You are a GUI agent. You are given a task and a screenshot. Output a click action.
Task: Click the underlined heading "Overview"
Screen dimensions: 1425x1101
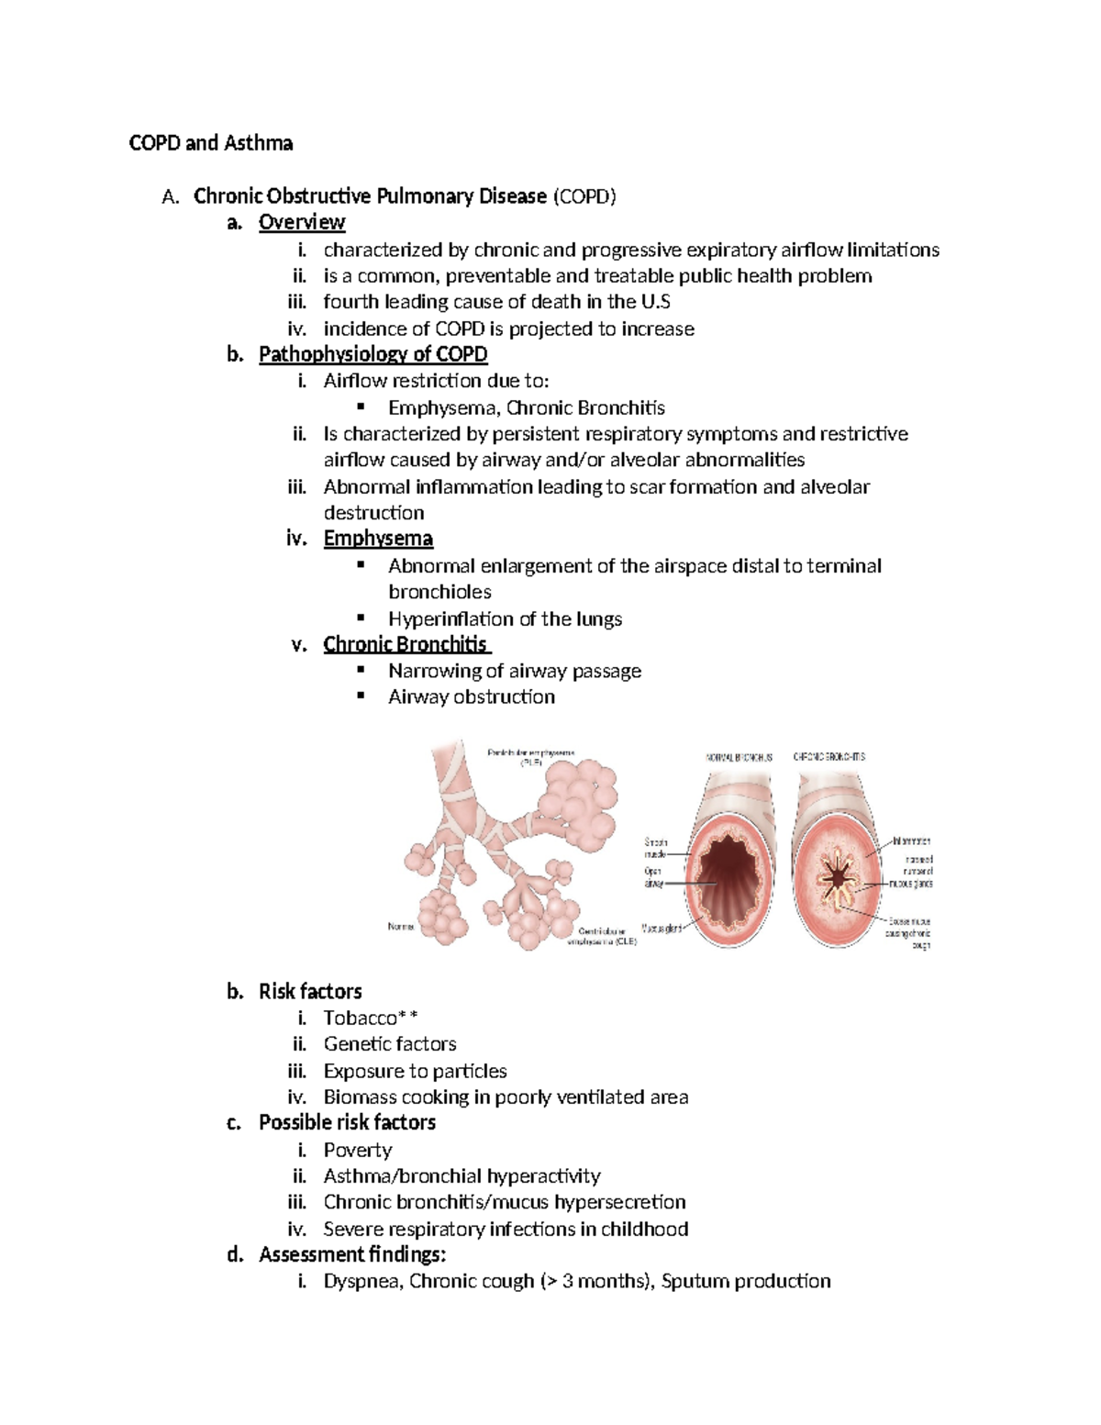(x=301, y=223)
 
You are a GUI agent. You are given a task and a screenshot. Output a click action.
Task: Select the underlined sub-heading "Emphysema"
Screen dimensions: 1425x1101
(x=378, y=539)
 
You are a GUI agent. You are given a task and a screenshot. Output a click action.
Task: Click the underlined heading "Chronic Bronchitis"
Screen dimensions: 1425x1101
(x=406, y=644)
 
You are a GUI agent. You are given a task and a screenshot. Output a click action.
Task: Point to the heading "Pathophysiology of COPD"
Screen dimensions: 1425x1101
(x=373, y=354)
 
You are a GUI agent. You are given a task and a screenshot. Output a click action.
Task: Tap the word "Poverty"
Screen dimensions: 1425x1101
(x=358, y=1150)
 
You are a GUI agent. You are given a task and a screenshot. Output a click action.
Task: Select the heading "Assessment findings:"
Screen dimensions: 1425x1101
(x=352, y=1254)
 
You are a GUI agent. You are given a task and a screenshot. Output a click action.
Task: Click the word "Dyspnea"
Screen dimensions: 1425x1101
(x=361, y=1281)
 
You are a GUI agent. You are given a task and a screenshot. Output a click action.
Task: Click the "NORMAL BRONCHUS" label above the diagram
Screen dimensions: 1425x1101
(x=739, y=758)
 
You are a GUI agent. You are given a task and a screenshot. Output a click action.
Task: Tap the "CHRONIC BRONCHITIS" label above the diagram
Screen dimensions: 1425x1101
(x=829, y=757)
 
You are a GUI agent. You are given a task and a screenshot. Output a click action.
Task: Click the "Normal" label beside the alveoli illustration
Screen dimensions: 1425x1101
(x=401, y=927)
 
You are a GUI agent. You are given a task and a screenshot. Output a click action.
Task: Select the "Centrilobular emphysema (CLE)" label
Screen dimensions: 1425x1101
(x=602, y=936)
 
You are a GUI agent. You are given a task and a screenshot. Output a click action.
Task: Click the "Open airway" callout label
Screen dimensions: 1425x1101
(x=652, y=877)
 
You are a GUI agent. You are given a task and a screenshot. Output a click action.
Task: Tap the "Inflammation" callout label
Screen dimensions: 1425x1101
(x=911, y=841)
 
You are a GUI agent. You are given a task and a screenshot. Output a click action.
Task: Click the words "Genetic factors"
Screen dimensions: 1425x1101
(x=390, y=1044)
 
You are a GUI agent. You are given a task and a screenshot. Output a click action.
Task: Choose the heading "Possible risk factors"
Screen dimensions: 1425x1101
(x=347, y=1123)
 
